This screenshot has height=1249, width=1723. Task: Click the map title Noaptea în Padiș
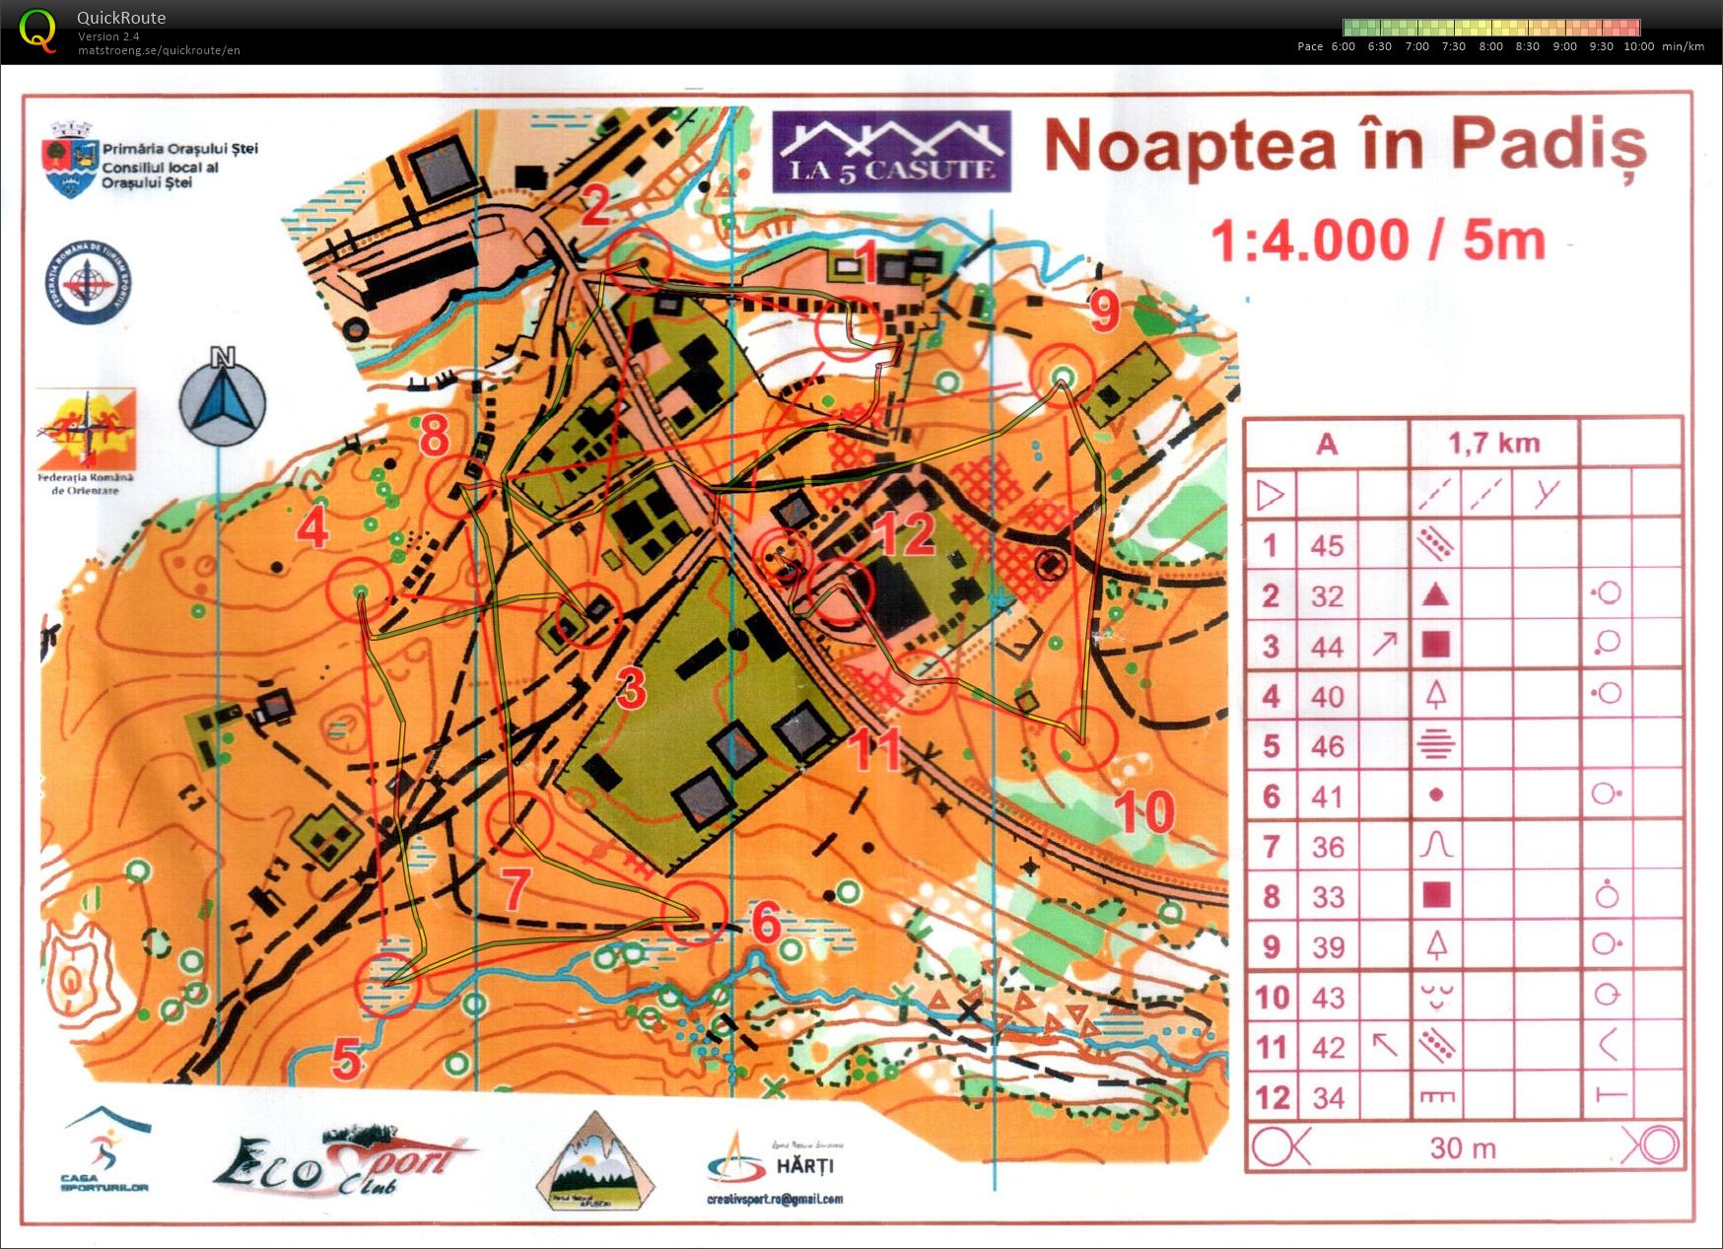pos(1345,146)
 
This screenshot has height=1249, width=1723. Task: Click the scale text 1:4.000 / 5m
pos(1378,242)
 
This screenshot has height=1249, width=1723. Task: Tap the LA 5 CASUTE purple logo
pos(891,152)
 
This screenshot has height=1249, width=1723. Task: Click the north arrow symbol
pos(223,398)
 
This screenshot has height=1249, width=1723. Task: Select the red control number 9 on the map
pos(1104,311)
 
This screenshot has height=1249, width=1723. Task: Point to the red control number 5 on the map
pos(346,1060)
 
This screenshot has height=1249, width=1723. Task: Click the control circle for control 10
pos(1083,738)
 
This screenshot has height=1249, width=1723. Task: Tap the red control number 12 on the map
pos(906,533)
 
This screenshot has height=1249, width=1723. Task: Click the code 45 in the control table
pos(1327,545)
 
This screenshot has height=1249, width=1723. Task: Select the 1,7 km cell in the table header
pos(1493,444)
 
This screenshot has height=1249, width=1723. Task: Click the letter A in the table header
pos(1327,445)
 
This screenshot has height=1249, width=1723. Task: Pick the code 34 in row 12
pos(1328,1097)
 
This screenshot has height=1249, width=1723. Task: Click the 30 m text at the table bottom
pos(1463,1148)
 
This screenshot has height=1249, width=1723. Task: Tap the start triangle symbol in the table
pos(1270,494)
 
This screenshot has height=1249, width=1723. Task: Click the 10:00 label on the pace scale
pos(1638,46)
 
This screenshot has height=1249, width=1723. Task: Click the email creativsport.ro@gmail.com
pos(775,1199)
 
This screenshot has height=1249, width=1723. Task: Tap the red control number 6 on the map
pos(766,923)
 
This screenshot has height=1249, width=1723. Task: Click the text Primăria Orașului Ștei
pos(180,149)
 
